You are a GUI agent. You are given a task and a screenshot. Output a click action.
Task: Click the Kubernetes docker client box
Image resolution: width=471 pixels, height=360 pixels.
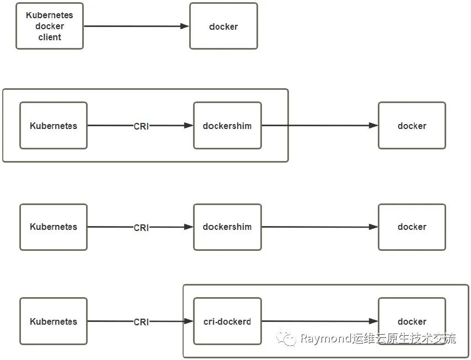[50, 26]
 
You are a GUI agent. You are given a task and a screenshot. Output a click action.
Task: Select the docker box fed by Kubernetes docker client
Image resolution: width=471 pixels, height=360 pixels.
[223, 26]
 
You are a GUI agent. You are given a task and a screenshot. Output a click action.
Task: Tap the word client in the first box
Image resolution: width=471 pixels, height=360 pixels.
[50, 37]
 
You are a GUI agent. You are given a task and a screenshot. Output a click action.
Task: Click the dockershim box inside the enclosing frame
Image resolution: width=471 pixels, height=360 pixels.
[227, 126]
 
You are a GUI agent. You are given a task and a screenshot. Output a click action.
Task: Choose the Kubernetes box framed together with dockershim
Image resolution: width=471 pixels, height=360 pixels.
[53, 126]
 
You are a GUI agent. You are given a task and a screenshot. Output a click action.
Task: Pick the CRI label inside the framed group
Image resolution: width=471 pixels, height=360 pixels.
[141, 126]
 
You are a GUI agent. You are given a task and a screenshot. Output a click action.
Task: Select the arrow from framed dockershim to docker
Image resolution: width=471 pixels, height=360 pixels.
[320, 126]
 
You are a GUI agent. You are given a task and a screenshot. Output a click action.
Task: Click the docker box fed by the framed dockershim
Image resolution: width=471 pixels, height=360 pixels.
[412, 126]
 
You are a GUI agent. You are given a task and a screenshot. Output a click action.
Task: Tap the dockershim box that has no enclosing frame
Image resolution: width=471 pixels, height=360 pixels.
[227, 227]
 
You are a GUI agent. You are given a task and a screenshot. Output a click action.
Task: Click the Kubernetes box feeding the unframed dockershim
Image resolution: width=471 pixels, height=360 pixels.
[53, 227]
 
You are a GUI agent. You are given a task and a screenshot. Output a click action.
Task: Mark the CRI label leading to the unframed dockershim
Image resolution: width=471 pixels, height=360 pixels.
[141, 227]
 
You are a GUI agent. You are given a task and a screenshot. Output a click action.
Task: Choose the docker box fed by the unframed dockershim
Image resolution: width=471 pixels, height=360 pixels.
[412, 227]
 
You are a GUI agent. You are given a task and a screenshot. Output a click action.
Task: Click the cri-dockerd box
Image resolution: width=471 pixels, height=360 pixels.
[227, 321]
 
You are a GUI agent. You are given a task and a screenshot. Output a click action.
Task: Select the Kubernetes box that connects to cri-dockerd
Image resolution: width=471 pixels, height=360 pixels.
[53, 321]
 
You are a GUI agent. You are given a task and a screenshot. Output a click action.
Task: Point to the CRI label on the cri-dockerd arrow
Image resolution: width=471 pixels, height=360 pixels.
[141, 322]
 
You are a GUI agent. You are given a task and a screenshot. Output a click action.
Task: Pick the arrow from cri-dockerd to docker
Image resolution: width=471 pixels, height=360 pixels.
[320, 321]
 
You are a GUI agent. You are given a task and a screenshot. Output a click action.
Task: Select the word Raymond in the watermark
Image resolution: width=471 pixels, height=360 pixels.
[325, 338]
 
